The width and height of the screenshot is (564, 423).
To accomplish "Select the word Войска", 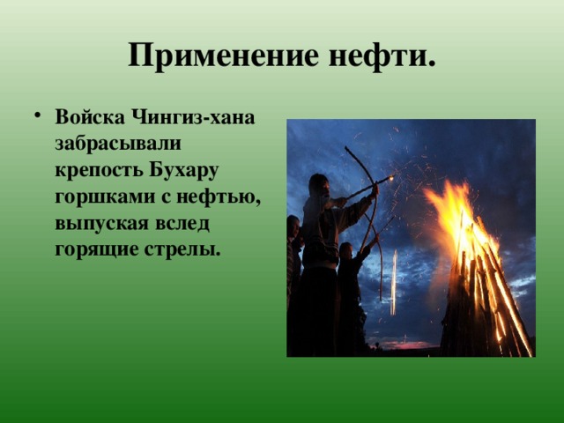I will point(89,118).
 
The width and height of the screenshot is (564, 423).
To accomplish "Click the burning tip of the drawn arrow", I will point(390,179).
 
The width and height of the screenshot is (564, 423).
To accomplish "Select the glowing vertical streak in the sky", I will point(394,282).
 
